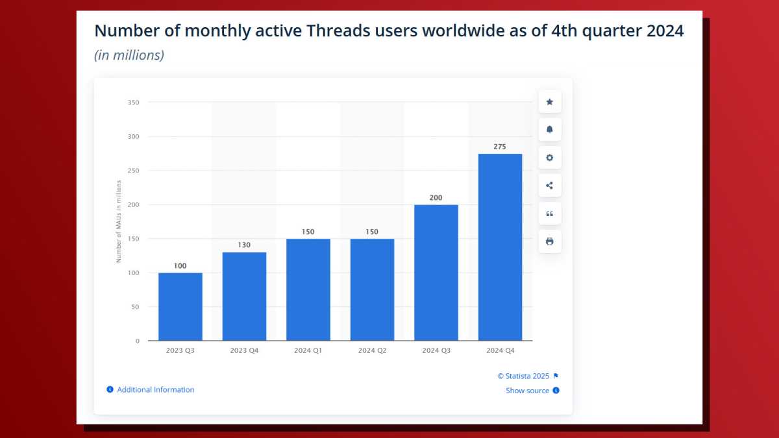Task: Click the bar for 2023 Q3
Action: point(180,306)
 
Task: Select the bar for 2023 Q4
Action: point(244,296)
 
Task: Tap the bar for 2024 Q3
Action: point(436,273)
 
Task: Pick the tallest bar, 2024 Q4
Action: point(500,247)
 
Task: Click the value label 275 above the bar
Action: point(500,147)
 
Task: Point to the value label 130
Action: point(244,245)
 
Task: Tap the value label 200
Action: point(436,197)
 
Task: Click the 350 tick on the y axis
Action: point(133,103)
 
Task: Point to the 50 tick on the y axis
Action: point(135,307)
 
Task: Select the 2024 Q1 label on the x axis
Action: point(308,350)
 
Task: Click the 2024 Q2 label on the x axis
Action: point(372,350)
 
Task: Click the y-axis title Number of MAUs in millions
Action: point(119,221)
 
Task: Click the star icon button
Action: point(550,102)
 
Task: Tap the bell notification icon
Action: point(550,130)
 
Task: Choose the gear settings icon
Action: point(550,158)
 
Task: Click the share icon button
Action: point(550,186)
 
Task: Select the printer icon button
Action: point(550,241)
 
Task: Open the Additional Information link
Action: point(155,389)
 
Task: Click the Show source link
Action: point(527,391)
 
